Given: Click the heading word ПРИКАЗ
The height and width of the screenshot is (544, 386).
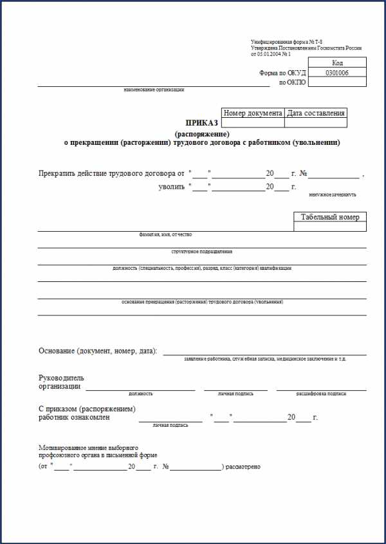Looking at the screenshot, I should (202, 122).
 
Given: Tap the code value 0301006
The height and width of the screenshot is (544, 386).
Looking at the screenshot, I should (337, 73).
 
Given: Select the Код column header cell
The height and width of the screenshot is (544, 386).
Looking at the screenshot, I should (337, 63).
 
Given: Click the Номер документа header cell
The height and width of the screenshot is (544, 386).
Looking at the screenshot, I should (253, 113).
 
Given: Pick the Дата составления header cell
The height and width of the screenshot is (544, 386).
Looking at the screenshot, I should (316, 113).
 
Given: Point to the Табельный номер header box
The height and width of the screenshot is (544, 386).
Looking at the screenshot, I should (330, 217).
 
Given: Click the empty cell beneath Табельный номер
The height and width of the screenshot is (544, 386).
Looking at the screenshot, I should (330, 227).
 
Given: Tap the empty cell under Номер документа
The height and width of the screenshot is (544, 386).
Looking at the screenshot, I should (253, 122).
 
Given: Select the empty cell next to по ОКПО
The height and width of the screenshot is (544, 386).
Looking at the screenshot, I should (337, 82).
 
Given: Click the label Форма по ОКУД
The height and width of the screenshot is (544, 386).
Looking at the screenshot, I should (282, 73).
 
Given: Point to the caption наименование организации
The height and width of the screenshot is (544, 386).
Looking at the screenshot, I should (154, 89).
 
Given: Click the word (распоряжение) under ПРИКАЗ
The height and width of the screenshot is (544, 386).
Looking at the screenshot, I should (202, 133).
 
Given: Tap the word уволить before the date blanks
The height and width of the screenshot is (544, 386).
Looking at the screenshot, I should (171, 187).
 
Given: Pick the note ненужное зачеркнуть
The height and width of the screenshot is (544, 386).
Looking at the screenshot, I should (332, 194).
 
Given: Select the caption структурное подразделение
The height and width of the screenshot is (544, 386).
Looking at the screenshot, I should (201, 251).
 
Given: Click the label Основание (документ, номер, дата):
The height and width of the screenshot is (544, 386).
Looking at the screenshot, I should (98, 351).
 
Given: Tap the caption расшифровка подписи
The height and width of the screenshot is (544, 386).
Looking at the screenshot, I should (321, 393).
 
